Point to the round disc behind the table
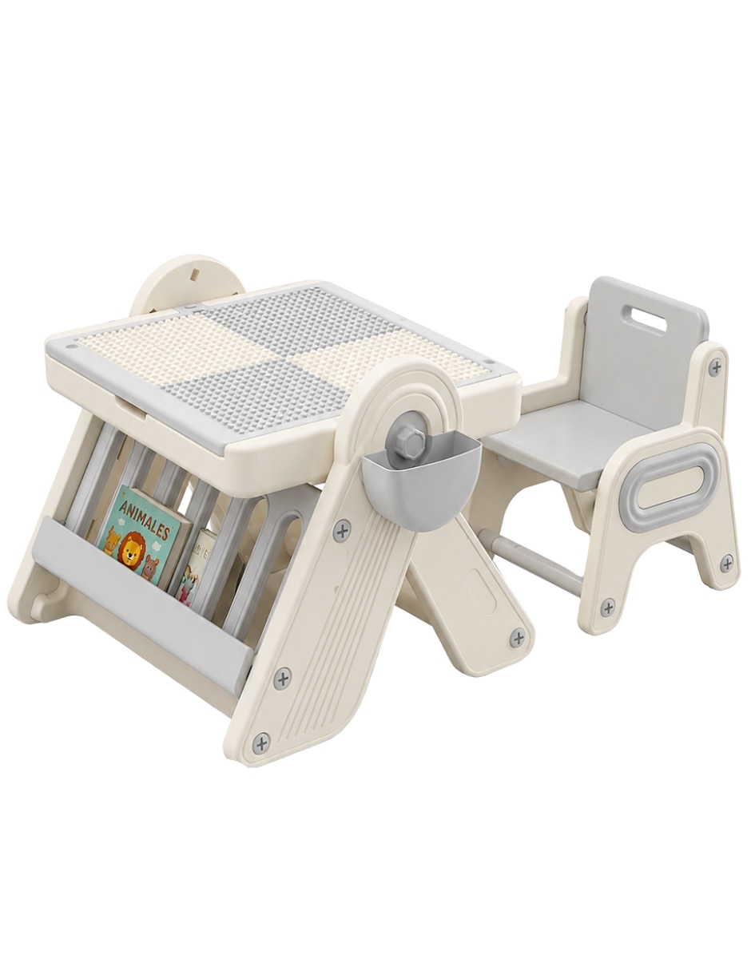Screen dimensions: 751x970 point(188,286)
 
